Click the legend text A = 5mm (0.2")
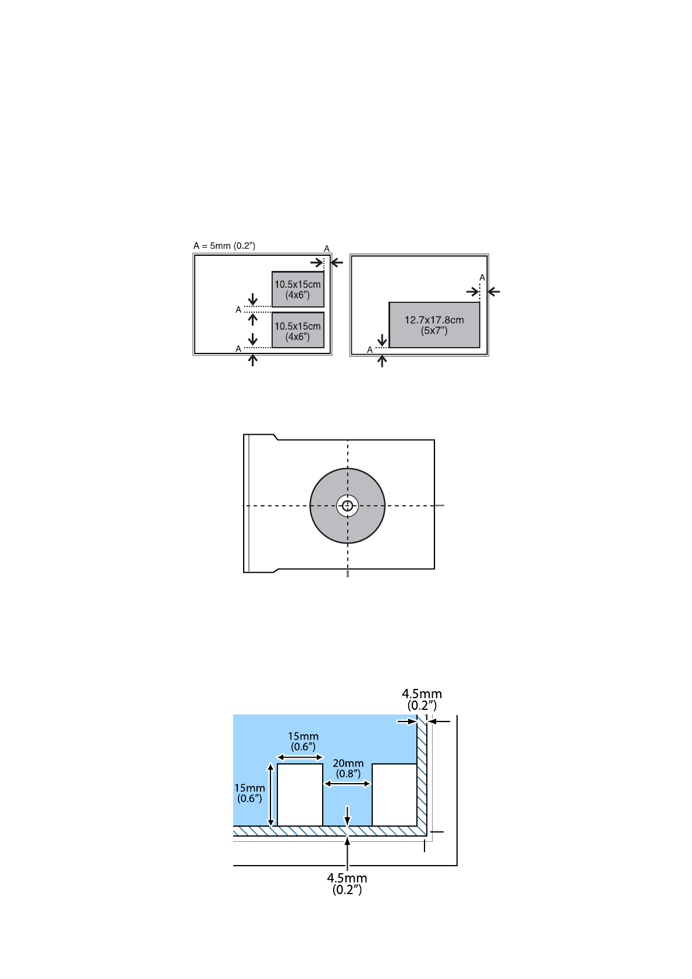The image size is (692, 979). coord(224,246)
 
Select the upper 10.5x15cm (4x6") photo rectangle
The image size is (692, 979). coord(298,289)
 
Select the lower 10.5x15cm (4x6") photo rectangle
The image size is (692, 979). coord(298,330)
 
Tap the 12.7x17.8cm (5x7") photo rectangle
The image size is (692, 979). coord(434,325)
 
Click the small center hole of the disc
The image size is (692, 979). coord(348,506)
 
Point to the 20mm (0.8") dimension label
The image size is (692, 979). coord(348,769)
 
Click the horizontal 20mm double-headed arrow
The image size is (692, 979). coord(347,784)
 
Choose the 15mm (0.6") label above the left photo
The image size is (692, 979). coord(303,741)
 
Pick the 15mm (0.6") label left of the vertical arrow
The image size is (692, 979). coord(249,793)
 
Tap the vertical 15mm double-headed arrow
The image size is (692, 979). coord(270,795)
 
